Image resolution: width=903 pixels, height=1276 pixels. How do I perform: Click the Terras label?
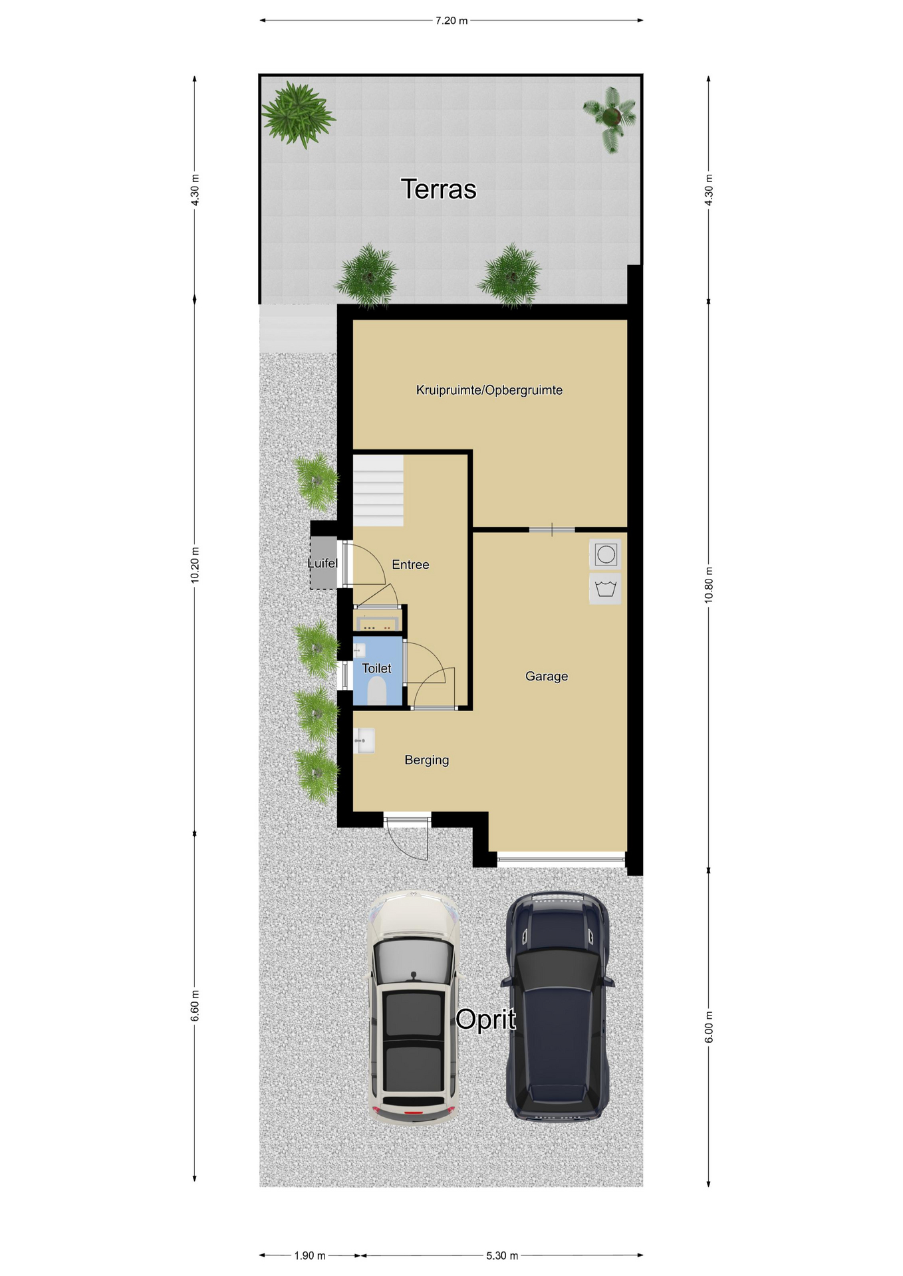[x=438, y=189]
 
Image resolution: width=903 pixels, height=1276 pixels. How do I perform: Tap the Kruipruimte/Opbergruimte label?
[x=489, y=390]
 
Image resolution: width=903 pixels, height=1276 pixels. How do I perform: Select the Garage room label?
[x=547, y=677]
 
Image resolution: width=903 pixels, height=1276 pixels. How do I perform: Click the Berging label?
[x=427, y=760]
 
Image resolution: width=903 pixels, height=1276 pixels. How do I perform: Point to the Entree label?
[x=410, y=564]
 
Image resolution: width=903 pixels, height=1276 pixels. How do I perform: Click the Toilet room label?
[x=376, y=668]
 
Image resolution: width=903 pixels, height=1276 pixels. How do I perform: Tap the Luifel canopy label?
[x=322, y=563]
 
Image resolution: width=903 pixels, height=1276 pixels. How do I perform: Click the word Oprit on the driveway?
[x=486, y=1019]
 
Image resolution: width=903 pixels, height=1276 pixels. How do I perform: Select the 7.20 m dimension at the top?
[x=451, y=21]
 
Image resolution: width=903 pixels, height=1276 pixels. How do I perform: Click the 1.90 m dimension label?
[x=310, y=1255]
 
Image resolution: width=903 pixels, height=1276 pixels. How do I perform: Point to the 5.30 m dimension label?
[x=502, y=1255]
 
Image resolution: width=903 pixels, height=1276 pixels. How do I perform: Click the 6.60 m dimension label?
[x=195, y=1006]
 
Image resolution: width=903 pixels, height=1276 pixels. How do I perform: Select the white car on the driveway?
[x=413, y=1008]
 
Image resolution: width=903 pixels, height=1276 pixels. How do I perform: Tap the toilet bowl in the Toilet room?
[x=377, y=691]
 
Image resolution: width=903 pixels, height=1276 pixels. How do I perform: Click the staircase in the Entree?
[x=378, y=490]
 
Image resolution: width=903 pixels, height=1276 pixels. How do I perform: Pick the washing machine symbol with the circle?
[x=605, y=554]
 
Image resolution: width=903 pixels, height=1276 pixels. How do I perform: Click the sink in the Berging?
[x=364, y=740]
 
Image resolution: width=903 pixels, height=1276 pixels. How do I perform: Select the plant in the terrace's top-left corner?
[x=297, y=114]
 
